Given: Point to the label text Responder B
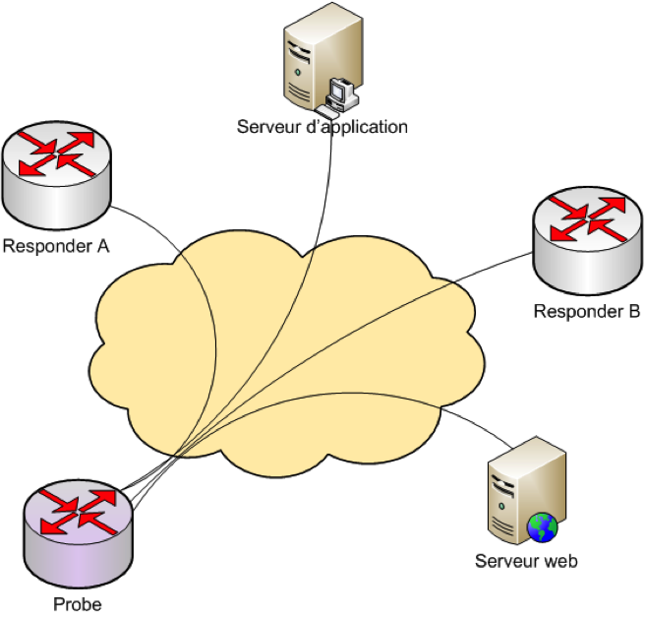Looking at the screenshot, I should [x=587, y=312].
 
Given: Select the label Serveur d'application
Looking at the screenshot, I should [x=322, y=127].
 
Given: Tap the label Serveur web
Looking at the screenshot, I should [x=526, y=562].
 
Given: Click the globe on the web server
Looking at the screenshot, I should [x=542, y=527].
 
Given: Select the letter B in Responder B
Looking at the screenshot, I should [x=634, y=312].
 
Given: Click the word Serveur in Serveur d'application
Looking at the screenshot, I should [x=265, y=127].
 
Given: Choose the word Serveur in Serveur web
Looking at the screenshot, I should [x=505, y=562].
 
